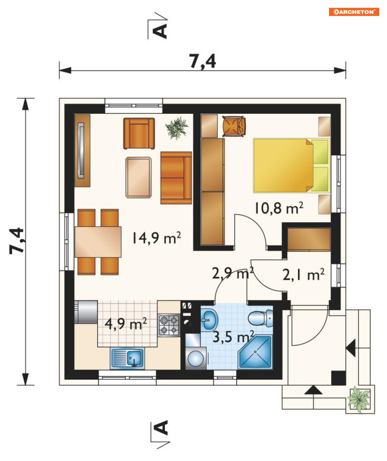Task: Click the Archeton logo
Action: click(354, 12)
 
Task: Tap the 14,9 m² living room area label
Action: click(156, 238)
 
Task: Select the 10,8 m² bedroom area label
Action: click(278, 208)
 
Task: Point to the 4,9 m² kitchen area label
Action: click(126, 324)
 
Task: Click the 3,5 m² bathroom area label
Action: click(233, 336)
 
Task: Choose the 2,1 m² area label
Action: click(303, 274)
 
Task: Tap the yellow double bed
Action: click(292, 165)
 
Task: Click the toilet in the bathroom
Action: click(261, 318)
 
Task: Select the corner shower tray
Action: click(255, 352)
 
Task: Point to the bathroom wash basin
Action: click(209, 319)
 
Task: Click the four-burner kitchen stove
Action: click(169, 325)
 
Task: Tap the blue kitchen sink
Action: click(128, 358)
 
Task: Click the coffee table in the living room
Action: click(138, 178)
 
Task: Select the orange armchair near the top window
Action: click(139, 134)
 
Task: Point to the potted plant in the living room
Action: click(177, 128)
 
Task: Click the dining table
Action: click(98, 242)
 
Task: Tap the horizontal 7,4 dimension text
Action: click(203, 62)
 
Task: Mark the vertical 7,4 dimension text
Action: click(16, 241)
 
